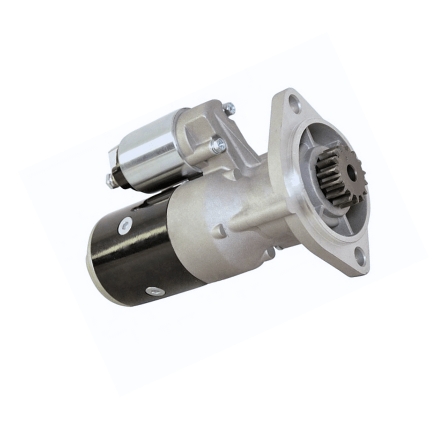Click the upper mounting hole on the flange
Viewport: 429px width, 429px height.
[x=294, y=102]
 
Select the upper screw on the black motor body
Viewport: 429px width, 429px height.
[x=125, y=226]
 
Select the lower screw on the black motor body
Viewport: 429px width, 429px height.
[x=156, y=291]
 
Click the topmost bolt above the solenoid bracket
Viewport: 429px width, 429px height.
[x=229, y=108]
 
